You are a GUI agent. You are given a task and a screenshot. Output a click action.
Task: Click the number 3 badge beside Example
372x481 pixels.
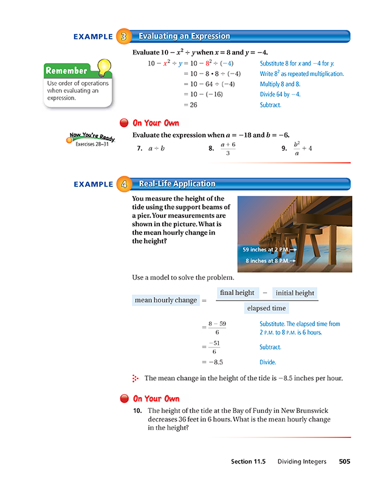(124, 36)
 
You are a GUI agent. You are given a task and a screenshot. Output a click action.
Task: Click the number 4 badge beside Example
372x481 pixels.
(124, 184)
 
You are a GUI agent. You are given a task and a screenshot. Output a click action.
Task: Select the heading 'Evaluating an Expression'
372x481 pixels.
(184, 36)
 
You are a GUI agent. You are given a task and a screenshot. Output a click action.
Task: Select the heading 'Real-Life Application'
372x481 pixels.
(177, 184)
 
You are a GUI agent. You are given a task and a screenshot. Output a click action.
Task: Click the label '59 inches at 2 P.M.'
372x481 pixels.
(268, 249)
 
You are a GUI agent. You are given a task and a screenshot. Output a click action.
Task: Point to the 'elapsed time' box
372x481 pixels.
(266, 308)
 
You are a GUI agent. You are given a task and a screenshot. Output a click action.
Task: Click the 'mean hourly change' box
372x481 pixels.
(165, 300)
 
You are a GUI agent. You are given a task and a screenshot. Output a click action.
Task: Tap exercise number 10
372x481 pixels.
(138, 411)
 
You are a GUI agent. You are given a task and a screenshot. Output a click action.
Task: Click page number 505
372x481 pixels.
(344, 462)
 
